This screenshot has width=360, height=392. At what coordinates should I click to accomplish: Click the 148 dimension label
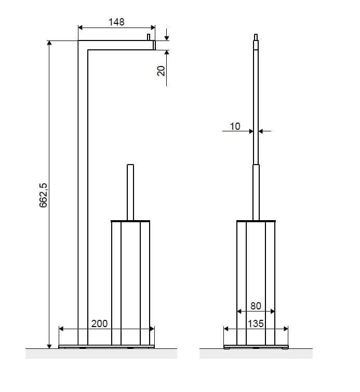point(116,22)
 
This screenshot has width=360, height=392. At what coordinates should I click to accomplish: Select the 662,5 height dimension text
point(43,195)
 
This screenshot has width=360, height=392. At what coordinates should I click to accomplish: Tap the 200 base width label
point(99,323)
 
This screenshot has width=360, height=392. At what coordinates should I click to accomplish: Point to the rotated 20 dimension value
point(161,71)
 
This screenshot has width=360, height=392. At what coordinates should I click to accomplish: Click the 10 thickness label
point(235,127)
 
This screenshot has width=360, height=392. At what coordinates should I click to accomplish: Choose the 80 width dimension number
point(256,306)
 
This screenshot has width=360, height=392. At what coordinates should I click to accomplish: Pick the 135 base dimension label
point(256,324)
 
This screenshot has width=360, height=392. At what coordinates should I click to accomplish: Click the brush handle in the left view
point(130,193)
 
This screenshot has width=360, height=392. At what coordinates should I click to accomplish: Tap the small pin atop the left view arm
point(149,37)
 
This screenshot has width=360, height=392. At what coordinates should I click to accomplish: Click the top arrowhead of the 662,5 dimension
point(49,43)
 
